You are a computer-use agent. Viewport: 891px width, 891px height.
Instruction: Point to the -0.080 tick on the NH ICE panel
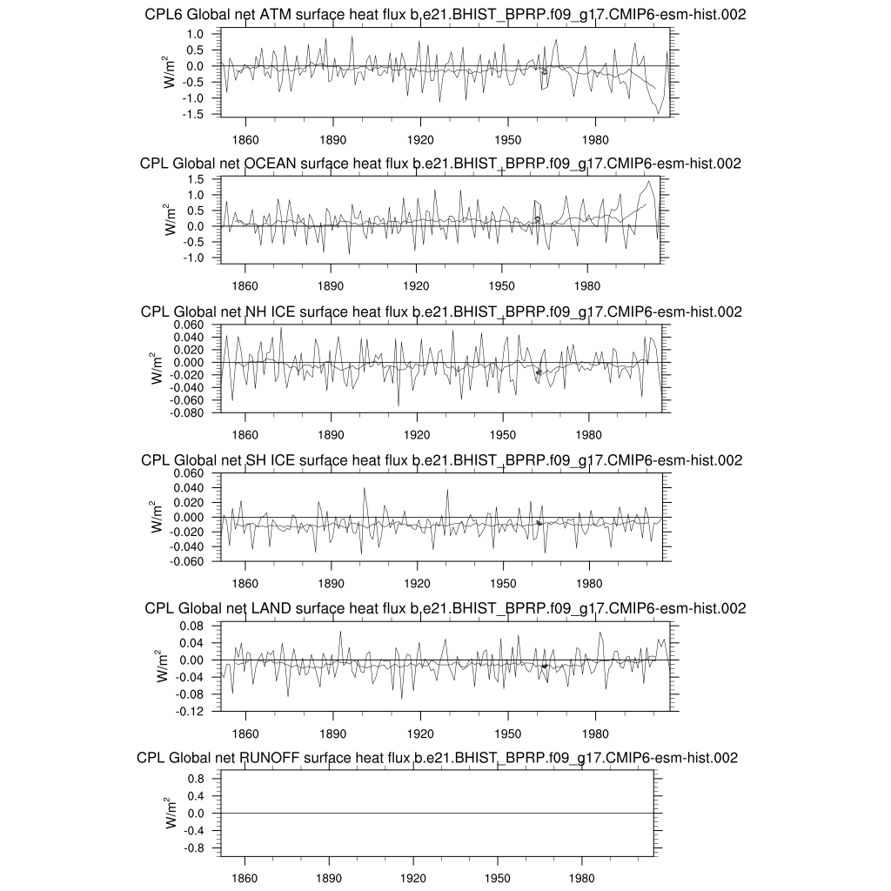184,413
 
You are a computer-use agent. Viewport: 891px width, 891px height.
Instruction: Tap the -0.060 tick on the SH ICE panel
184,562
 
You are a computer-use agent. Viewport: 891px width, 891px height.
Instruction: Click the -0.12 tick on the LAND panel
190,712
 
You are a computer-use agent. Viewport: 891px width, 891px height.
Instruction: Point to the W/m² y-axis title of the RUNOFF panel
170,813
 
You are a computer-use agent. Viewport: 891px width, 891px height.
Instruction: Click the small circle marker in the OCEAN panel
538,218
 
